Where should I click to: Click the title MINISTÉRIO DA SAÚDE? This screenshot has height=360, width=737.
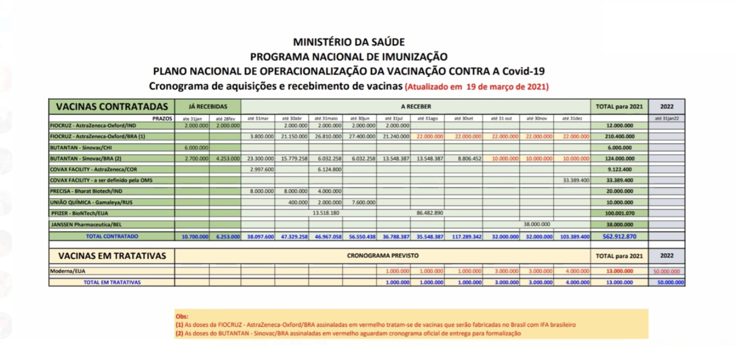(x=349, y=42)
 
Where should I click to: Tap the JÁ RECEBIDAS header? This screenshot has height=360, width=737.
(x=207, y=106)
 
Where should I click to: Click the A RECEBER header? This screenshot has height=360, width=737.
(x=415, y=106)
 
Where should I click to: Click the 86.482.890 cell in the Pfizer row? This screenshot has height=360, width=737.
(x=429, y=213)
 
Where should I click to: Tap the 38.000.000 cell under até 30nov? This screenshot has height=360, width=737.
(x=537, y=224)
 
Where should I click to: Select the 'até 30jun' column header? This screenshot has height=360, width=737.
(x=359, y=118)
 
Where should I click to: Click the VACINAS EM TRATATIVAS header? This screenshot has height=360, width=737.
(x=112, y=256)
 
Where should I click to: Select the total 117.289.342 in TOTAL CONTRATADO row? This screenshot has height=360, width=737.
(x=464, y=237)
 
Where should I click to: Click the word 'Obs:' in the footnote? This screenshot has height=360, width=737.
(x=182, y=316)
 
